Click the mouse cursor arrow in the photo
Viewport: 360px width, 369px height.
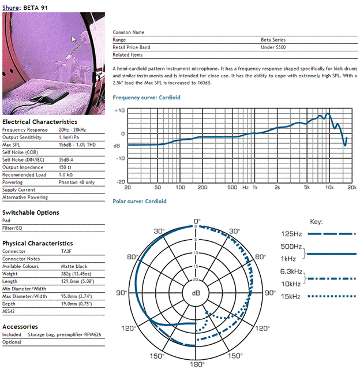(73, 39)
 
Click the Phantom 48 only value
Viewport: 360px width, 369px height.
(76, 182)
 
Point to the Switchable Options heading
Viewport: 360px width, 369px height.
(31, 213)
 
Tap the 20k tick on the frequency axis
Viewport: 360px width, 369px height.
(352, 188)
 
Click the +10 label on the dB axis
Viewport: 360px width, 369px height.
(119, 110)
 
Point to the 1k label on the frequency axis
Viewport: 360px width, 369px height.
(254, 188)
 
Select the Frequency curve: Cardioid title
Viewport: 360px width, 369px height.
(147, 98)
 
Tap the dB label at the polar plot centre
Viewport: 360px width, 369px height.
(196, 293)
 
